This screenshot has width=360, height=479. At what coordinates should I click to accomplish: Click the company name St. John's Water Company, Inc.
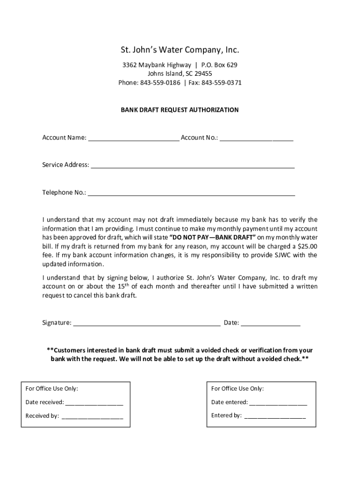[x=180, y=50]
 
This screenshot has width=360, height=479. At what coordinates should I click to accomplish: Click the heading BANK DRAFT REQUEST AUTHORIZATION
[x=180, y=110]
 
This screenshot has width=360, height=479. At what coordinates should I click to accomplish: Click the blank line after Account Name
[x=133, y=138]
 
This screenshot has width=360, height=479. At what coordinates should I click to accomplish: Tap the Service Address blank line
[x=193, y=166]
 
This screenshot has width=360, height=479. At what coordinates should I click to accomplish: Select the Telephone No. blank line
[x=191, y=194]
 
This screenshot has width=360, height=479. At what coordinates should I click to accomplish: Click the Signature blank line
[x=147, y=324]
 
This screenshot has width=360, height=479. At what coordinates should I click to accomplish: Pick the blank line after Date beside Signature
[x=271, y=324]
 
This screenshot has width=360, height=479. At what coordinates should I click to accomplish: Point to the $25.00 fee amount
[x=308, y=247]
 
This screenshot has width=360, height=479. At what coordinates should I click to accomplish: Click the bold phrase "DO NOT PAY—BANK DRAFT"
[x=212, y=238]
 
